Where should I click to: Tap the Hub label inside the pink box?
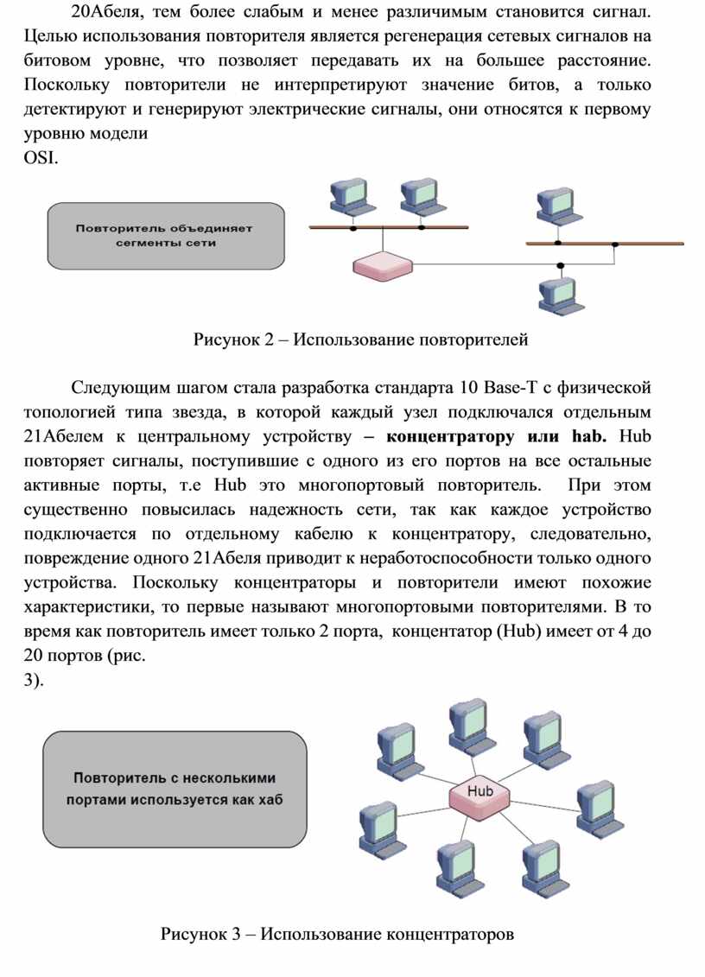click(x=480, y=790)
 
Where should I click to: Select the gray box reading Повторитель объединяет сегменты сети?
click(x=165, y=236)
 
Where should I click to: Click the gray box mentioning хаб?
click(x=175, y=789)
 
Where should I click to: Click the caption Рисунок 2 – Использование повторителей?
click(x=360, y=339)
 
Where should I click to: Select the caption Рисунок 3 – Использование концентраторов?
click(x=337, y=934)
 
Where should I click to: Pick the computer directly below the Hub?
click(x=456, y=866)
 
